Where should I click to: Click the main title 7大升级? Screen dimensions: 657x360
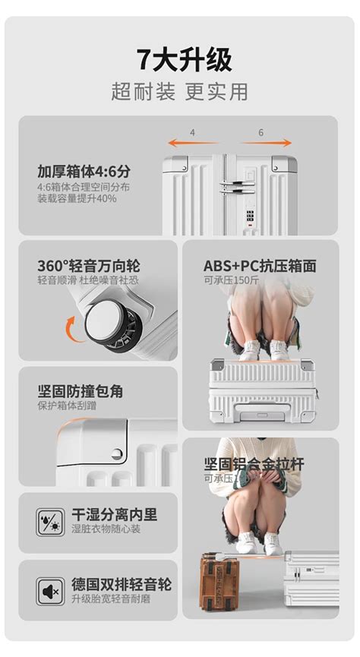[x=179, y=60]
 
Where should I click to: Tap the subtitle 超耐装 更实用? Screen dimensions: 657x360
[x=179, y=92]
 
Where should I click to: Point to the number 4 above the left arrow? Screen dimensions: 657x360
[x=192, y=132]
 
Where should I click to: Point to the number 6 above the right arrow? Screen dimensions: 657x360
[x=261, y=132]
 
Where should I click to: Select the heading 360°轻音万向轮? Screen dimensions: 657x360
[x=89, y=267]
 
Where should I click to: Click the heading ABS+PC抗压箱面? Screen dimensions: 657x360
[x=259, y=267]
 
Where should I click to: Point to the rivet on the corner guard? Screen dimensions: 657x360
[x=116, y=454]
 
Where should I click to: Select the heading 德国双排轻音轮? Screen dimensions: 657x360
[x=122, y=585]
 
